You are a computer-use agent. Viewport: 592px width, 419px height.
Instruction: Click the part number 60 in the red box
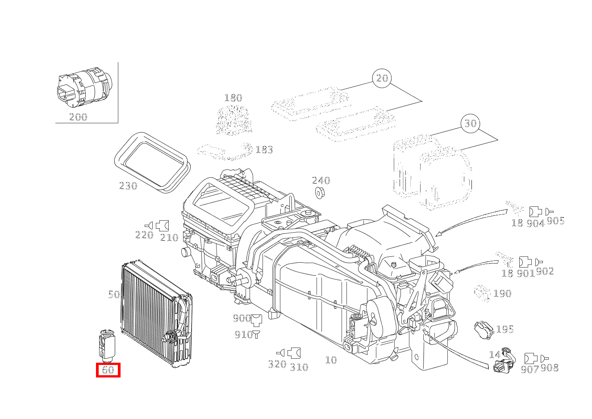click(108, 370)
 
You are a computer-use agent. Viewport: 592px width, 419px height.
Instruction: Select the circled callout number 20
click(382, 78)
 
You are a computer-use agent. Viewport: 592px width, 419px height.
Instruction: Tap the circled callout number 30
click(471, 123)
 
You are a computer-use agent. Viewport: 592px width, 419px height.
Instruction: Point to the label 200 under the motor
click(78, 117)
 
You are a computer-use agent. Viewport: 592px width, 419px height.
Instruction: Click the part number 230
click(128, 186)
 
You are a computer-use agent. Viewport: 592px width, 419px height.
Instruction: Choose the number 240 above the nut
click(321, 180)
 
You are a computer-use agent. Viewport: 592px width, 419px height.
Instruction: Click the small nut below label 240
click(320, 193)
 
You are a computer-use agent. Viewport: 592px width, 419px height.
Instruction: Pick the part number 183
click(264, 150)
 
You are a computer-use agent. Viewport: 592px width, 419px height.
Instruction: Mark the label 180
click(233, 98)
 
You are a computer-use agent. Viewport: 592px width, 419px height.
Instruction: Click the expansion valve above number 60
click(107, 346)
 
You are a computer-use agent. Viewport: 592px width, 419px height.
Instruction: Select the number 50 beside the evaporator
click(114, 294)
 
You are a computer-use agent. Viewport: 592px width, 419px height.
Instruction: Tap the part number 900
click(242, 318)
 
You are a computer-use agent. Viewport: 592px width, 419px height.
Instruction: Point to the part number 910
click(244, 335)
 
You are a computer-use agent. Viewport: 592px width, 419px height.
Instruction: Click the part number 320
click(277, 364)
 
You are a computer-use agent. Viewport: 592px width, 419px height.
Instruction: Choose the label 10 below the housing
click(331, 360)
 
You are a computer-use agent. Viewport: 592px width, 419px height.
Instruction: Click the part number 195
click(505, 329)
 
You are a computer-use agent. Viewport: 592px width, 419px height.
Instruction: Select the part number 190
click(502, 293)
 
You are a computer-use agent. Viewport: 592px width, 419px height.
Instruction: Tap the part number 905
click(555, 221)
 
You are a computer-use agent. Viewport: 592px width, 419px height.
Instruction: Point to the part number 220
click(144, 235)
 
